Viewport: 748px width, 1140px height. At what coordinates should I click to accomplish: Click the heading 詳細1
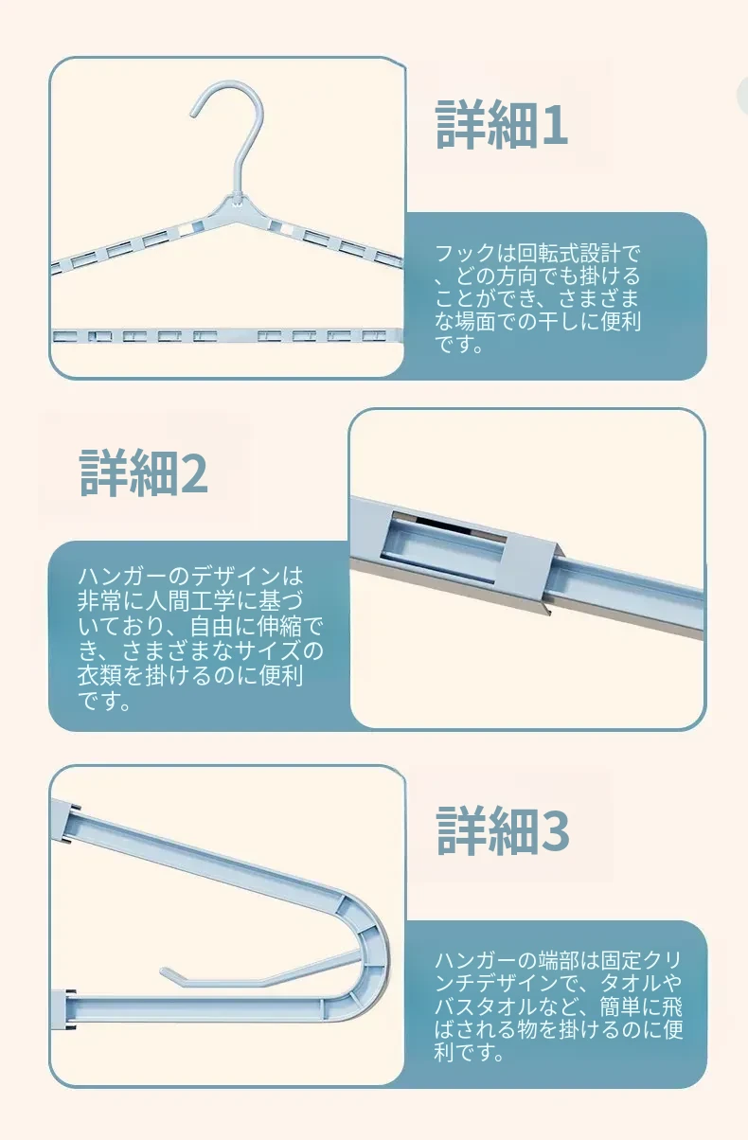click(501, 125)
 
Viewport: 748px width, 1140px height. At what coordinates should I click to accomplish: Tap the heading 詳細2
click(144, 472)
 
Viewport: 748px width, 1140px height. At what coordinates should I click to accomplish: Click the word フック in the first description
click(466, 253)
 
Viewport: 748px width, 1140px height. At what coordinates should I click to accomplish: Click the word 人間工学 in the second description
click(190, 600)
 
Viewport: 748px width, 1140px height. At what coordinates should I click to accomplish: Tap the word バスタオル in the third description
click(485, 1006)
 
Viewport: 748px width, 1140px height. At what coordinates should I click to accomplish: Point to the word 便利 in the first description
click(620, 321)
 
